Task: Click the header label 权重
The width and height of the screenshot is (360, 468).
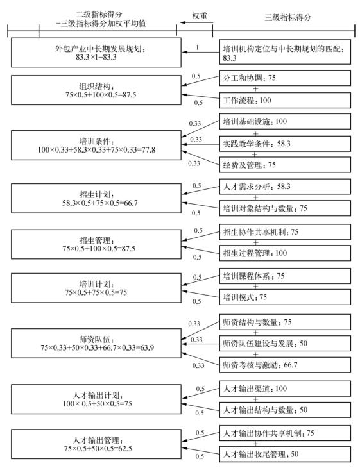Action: (x=200, y=16)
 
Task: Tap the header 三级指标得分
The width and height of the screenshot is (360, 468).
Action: (x=287, y=17)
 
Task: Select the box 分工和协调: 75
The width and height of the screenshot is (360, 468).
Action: (x=285, y=78)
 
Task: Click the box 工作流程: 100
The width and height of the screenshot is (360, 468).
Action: (x=285, y=100)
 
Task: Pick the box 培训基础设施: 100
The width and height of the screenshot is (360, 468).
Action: (x=285, y=121)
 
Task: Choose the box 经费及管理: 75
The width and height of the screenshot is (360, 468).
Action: (x=285, y=165)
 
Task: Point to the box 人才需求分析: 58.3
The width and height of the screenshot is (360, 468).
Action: (x=285, y=187)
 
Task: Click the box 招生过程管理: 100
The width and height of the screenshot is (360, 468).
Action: (x=285, y=253)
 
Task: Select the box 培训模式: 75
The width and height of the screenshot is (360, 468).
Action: (x=285, y=297)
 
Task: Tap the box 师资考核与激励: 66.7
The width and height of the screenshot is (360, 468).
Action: (x=285, y=365)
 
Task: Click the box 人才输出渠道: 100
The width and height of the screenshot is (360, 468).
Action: (x=285, y=389)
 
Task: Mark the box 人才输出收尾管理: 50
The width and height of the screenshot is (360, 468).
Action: (x=285, y=455)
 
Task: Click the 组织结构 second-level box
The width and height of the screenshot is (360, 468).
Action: (x=96, y=90)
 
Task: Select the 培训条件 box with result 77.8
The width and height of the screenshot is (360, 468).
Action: (x=96, y=145)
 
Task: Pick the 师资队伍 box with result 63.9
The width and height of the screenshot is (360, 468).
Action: (x=96, y=343)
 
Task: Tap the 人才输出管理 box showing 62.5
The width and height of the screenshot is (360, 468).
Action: (x=96, y=444)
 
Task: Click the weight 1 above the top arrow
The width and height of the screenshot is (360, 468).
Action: (x=198, y=47)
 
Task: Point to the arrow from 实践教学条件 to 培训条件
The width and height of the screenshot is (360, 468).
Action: (x=201, y=144)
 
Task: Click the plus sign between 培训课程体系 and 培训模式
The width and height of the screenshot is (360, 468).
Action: (x=255, y=287)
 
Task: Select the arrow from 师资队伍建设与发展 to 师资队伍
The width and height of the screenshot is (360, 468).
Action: (x=201, y=344)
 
